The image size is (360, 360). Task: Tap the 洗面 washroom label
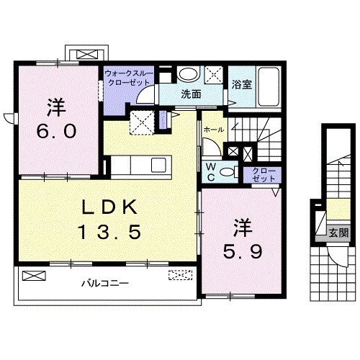pos(190,93)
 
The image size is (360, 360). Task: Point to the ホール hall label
pos(213,129)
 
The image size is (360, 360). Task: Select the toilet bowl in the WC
pos(228,171)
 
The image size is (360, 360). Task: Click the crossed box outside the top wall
pos(87,55)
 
